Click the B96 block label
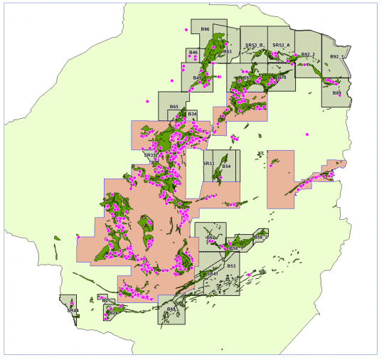205,29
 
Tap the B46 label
193,53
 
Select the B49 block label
197,78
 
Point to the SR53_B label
254,46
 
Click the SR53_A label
281,46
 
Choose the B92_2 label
307,54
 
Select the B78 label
282,77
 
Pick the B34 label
192,114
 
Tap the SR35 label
149,154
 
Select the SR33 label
208,164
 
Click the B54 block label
226,166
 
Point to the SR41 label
211,273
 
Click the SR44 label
72,310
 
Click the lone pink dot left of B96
186,30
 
